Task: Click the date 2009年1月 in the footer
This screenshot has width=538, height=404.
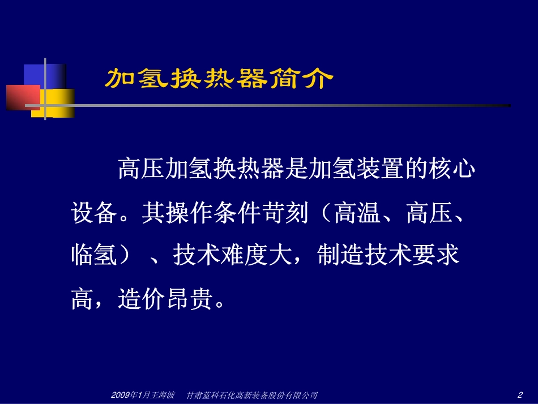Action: pos(127,395)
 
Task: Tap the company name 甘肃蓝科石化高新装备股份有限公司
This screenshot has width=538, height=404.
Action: pos(252,395)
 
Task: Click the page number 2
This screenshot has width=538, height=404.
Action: pos(520,394)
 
